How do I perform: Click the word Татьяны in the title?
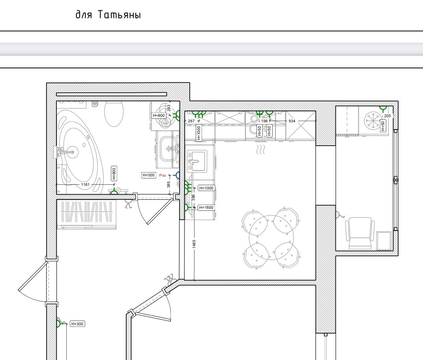tap(119, 15)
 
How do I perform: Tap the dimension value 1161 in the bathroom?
tap(85, 185)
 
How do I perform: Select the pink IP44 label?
tap(163, 176)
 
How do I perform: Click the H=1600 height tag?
tap(206, 208)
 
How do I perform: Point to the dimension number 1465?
tap(194, 244)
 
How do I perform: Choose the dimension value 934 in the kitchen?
tap(292, 121)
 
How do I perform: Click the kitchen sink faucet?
tap(193, 162)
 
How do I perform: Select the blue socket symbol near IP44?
tap(177, 176)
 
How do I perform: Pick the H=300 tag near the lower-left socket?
tap(77, 324)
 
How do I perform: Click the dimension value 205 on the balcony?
tap(387, 116)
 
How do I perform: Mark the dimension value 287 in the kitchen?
tap(191, 121)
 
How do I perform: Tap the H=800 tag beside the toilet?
tap(159, 116)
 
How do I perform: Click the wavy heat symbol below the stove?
tap(260, 150)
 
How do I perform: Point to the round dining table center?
tap(271, 238)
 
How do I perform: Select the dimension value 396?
tap(193, 197)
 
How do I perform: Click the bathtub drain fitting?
tap(73, 152)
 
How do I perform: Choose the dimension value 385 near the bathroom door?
tap(168, 185)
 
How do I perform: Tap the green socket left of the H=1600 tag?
tap(187, 208)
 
